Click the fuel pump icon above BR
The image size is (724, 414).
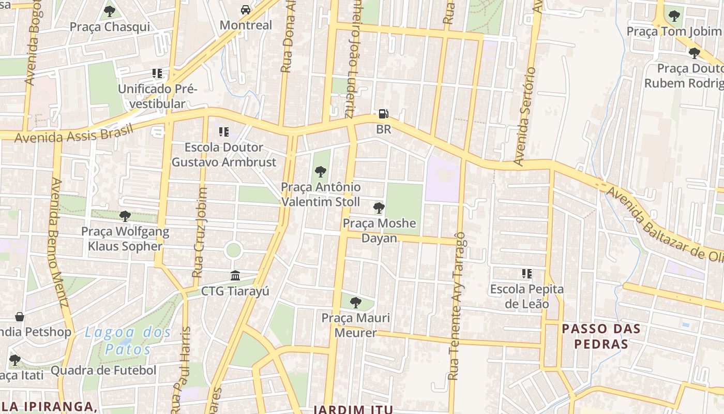pyautogui.click(x=383, y=114)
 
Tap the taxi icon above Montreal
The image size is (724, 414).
pyautogui.click(x=246, y=10)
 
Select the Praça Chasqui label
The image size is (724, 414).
pyautogui.click(x=110, y=27)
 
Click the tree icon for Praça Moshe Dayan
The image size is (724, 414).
pyautogui.click(x=379, y=208)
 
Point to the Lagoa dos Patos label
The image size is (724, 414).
pyautogui.click(x=128, y=341)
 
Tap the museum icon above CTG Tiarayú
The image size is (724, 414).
pyautogui.click(x=235, y=275)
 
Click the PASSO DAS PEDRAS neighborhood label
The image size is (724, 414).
pyautogui.click(x=601, y=336)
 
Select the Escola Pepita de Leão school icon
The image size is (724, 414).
pyautogui.click(x=526, y=273)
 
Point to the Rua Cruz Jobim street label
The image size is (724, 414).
pyautogui.click(x=200, y=232)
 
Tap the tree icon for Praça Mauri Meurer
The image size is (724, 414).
pyautogui.click(x=355, y=302)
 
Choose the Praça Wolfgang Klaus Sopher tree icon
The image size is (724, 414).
pyautogui.click(x=125, y=216)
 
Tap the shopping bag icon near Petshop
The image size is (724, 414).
pyautogui.click(x=20, y=316)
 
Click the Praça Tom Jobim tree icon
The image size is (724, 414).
pyautogui.click(x=674, y=16)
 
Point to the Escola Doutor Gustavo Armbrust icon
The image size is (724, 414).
pyautogui.click(x=223, y=132)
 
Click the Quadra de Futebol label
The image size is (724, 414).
pyautogui.click(x=103, y=371)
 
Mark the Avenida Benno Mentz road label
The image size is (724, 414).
pyautogui.click(x=59, y=243)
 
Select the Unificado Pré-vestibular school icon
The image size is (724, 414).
pyautogui.click(x=157, y=73)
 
